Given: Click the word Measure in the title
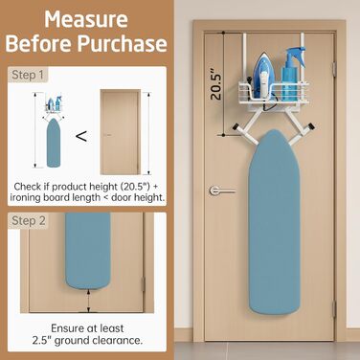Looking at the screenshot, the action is click(86, 19).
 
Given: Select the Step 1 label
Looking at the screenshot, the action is click(28, 75).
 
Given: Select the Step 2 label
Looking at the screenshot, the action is click(29, 220).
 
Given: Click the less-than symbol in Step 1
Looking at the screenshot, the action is click(81, 137).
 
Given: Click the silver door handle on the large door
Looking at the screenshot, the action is click(222, 191).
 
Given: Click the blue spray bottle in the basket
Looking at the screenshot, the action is click(294, 74).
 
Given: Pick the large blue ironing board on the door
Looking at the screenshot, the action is click(274, 222).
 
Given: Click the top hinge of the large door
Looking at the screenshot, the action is click(334, 69).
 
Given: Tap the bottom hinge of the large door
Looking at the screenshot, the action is click(334, 309).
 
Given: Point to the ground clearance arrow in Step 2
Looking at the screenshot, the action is click(88, 301).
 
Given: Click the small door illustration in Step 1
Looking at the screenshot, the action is click(121, 132).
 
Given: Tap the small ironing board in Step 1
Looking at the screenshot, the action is click(54, 143).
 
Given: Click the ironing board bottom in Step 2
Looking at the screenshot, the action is click(88, 251).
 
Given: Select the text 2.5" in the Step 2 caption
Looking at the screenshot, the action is click(42, 340).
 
